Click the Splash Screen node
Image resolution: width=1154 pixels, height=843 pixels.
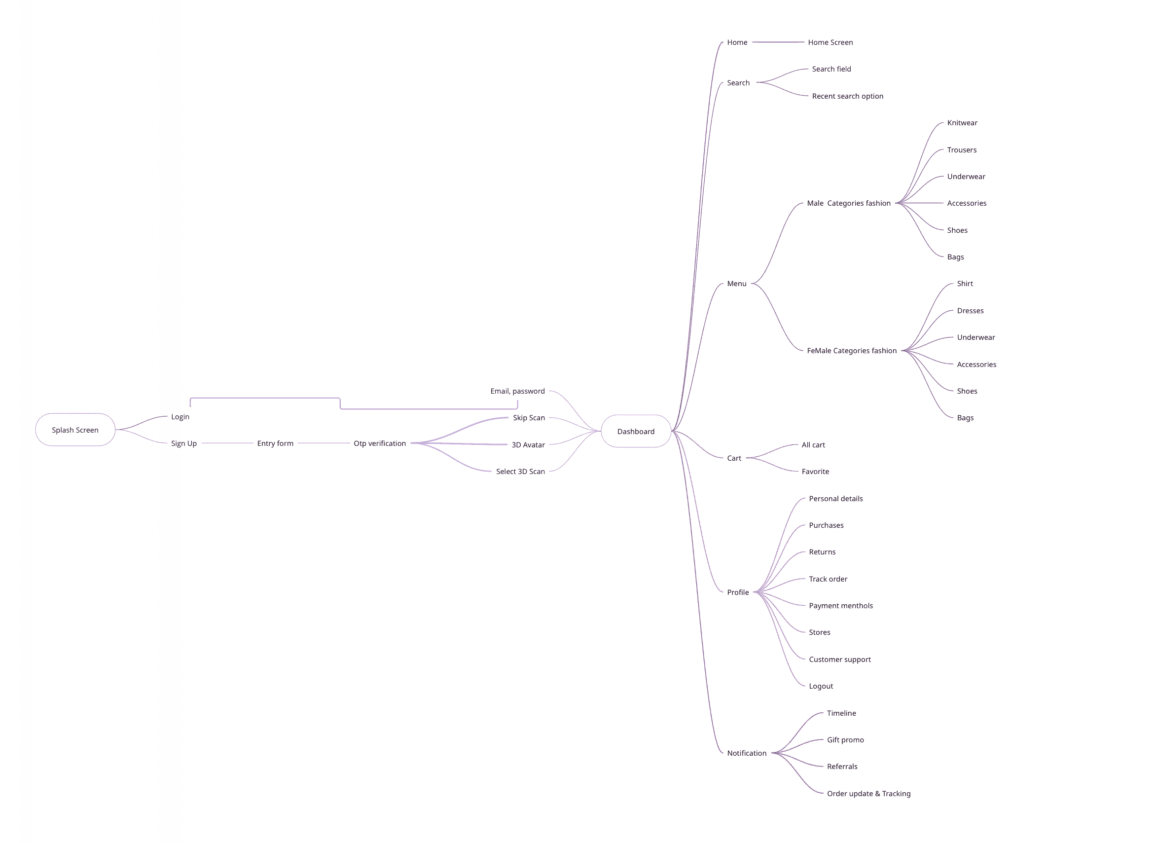pos(75,430)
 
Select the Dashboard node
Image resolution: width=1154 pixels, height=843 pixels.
pos(636,432)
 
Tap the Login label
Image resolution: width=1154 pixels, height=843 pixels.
pos(180,417)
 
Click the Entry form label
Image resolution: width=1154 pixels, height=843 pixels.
pos(275,443)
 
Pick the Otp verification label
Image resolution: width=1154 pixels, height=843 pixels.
pos(380,443)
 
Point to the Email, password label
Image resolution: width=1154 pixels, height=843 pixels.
pos(517,391)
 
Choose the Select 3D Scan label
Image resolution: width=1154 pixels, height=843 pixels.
pos(520,472)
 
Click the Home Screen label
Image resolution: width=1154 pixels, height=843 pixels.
pos(830,42)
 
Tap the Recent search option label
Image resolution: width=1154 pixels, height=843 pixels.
pos(847,96)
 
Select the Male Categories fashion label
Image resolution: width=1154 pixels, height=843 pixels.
pos(848,203)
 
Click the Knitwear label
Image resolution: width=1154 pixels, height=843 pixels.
pos(962,123)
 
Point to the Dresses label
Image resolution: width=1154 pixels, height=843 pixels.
pos(970,311)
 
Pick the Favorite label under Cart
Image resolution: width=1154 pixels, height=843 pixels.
pos(815,472)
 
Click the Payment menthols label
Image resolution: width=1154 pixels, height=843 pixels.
pos(840,606)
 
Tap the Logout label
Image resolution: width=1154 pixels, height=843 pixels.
pos(820,686)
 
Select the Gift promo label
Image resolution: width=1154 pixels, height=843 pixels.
pos(845,740)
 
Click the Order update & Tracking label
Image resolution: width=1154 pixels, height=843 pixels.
pos(868,794)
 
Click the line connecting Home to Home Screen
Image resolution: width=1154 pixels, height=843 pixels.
pos(778,42)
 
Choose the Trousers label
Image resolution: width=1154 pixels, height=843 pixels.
pos(962,150)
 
